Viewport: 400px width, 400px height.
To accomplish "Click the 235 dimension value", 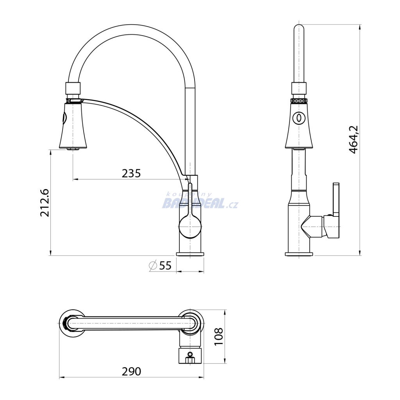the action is click(x=131, y=173).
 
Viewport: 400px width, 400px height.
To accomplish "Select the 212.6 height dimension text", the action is click(x=45, y=203).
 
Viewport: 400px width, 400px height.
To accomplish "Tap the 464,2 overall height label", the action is click(x=354, y=139).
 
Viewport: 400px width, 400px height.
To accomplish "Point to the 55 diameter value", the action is click(x=165, y=266).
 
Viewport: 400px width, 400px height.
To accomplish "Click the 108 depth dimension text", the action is click(x=219, y=336).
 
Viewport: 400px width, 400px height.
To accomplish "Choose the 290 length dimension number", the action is click(x=131, y=371).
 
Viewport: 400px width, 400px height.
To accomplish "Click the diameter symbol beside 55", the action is click(x=153, y=266).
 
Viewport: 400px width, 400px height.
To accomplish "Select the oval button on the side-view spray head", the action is click(x=299, y=118).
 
